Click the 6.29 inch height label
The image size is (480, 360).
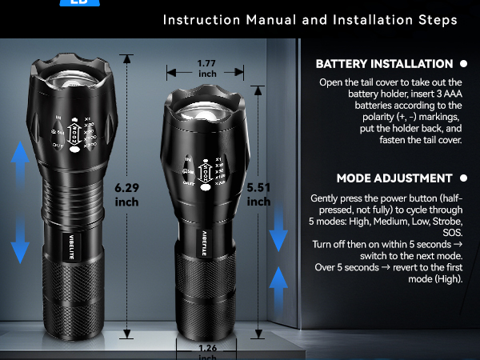coord(126,194)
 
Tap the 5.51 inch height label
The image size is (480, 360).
coord(258,194)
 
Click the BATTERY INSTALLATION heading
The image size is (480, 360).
coord(384,64)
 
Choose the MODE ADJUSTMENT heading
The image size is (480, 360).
coord(394,178)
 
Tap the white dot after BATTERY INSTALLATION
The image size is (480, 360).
coord(463,64)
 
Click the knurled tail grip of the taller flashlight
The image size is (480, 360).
coord(72,300)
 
